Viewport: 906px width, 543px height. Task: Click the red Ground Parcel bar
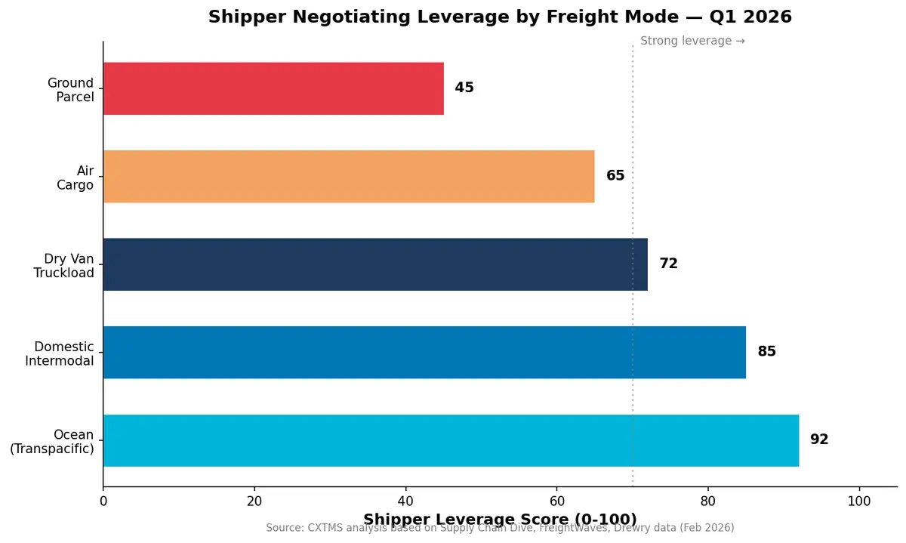tap(273, 88)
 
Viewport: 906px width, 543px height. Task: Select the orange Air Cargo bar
tap(349, 176)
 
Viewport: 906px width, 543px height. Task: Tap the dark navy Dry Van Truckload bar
tap(375, 264)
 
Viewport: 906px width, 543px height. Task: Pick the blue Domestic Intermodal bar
tap(424, 352)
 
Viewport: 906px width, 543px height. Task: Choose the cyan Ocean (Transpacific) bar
tap(451, 440)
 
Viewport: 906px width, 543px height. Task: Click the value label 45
tap(464, 88)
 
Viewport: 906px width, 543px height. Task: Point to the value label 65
tap(615, 176)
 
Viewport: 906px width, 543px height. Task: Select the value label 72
tap(668, 264)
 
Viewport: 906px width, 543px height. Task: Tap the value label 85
tap(766, 352)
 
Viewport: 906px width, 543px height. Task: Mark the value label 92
tap(819, 440)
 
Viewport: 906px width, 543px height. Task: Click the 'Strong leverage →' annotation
tap(692, 42)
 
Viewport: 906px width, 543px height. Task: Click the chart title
tap(500, 17)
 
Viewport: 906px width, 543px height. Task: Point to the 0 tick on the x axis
tap(103, 501)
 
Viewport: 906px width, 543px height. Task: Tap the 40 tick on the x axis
tap(405, 501)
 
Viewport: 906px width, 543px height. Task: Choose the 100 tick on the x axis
tap(858, 501)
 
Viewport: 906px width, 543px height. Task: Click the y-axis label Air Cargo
tap(75, 178)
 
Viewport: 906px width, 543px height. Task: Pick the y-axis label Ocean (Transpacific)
tap(52, 442)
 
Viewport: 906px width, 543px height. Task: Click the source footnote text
tap(500, 529)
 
